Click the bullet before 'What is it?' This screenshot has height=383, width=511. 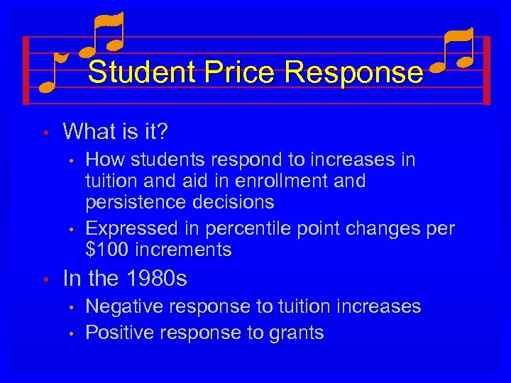[x=44, y=132]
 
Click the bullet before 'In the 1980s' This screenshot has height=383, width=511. [x=44, y=279]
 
